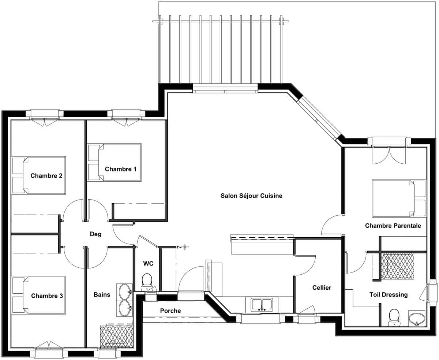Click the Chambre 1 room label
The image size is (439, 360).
[x=120, y=169]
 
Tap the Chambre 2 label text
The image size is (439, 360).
[x=46, y=176]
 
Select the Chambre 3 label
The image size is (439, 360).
[x=47, y=296]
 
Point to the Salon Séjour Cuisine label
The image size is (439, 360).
[x=251, y=196]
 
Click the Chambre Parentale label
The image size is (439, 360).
[x=393, y=226]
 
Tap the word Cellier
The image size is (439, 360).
[x=322, y=288]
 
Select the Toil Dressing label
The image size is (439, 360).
[x=389, y=295]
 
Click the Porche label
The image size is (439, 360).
[x=170, y=311]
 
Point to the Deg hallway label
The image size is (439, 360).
[x=95, y=234]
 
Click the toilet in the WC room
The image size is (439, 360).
[x=147, y=282]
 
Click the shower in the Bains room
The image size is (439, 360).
[x=117, y=337]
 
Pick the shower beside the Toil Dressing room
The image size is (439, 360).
[x=397, y=266]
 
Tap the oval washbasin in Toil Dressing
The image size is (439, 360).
[x=417, y=318]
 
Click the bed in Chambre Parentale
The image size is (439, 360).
[x=399, y=198]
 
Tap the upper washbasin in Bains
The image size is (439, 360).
[x=124, y=292]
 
